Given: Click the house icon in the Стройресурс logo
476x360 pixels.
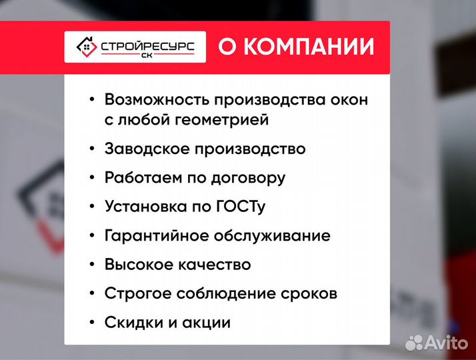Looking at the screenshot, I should point(84,47).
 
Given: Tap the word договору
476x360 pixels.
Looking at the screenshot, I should point(250,178).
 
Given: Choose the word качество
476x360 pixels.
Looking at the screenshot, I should point(215,265).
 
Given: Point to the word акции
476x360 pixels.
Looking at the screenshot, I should point(207,323).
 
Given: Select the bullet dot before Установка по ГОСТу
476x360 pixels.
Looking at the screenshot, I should point(91,207).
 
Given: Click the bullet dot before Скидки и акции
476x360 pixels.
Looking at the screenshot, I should point(91,323).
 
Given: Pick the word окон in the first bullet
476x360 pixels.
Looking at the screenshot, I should point(349,99).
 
